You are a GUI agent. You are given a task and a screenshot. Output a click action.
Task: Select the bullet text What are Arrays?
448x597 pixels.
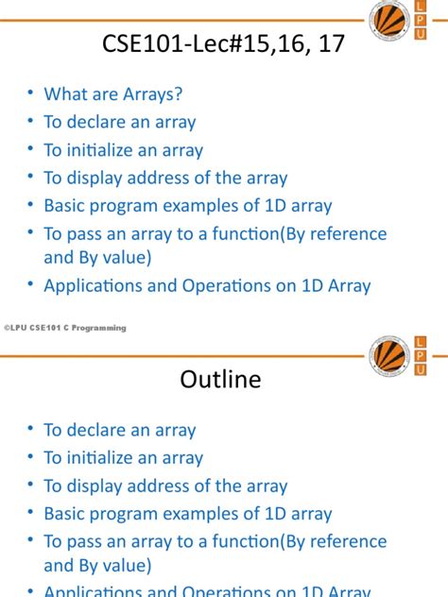pos(112,94)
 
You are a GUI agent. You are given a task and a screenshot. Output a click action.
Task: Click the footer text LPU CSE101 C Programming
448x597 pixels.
pos(67,327)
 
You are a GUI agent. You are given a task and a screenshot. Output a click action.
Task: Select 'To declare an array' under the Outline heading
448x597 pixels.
pos(120,430)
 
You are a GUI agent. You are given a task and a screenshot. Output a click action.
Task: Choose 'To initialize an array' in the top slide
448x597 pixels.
pos(124,149)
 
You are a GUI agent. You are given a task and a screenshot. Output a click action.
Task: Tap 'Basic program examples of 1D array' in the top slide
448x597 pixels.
pos(188,206)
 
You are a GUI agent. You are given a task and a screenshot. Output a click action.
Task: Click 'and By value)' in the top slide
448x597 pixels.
pos(97,257)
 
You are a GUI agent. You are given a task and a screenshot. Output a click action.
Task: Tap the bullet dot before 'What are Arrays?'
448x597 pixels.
pos(31,93)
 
